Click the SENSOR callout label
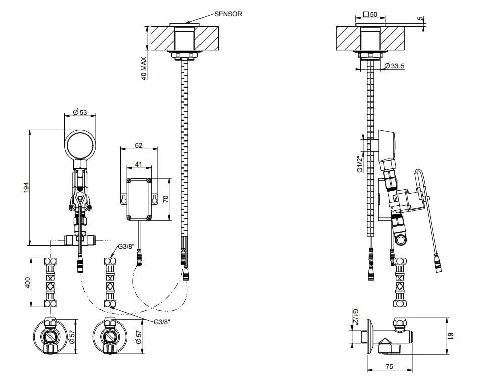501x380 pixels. [228, 14]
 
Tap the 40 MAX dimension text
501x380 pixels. [144, 69]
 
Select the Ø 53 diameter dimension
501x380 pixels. [80, 112]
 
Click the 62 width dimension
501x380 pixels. [139, 146]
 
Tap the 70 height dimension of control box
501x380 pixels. [165, 198]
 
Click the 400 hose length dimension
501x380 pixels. [28, 283]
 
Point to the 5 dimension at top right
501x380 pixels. [420, 19]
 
